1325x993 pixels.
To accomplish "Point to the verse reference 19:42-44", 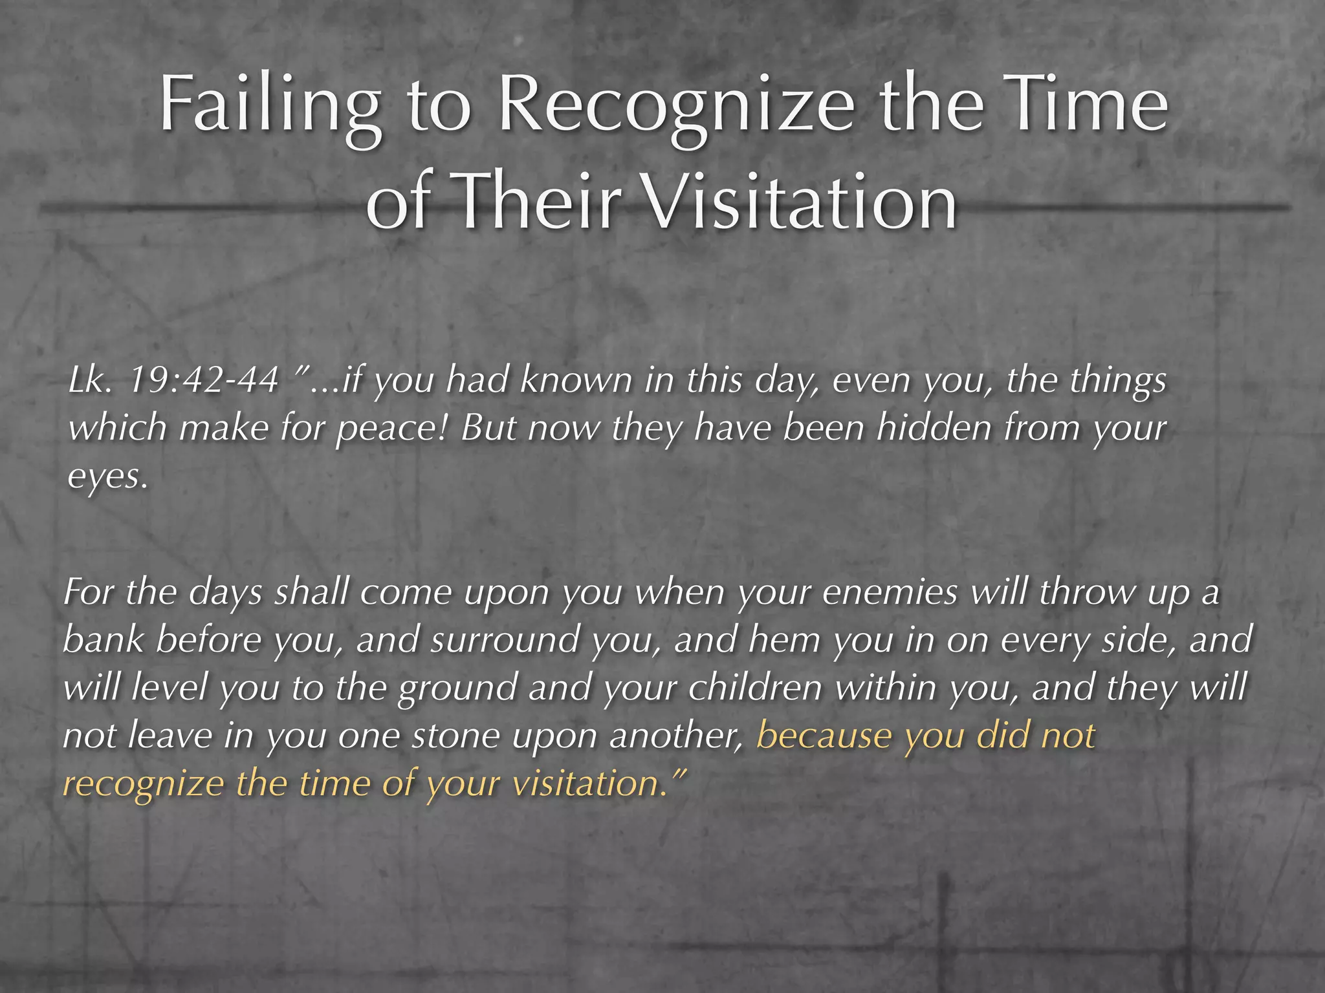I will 204,380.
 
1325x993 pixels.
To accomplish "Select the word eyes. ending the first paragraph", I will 107,477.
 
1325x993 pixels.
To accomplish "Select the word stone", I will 455,736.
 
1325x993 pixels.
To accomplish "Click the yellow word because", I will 824,736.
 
